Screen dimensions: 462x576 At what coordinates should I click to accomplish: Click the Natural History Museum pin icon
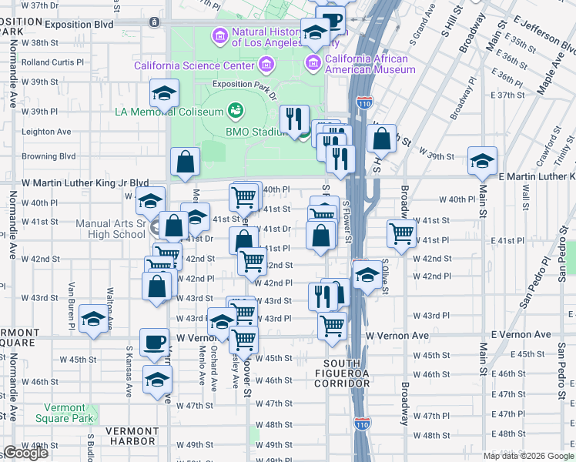pos(220,36)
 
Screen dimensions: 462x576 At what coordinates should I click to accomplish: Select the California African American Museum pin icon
pos(313,61)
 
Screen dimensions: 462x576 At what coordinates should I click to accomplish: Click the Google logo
pos(25,453)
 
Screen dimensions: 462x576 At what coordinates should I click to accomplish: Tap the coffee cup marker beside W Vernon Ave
pos(154,342)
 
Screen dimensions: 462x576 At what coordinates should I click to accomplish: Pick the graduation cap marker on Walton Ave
pos(93,320)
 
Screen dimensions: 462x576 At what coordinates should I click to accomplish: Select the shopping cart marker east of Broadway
pos(401,233)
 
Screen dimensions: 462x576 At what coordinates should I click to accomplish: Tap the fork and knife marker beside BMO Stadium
pos(294,119)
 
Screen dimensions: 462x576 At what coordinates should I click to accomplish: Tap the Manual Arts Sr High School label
pos(111,229)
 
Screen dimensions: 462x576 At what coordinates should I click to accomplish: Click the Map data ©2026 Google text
pos(528,456)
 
